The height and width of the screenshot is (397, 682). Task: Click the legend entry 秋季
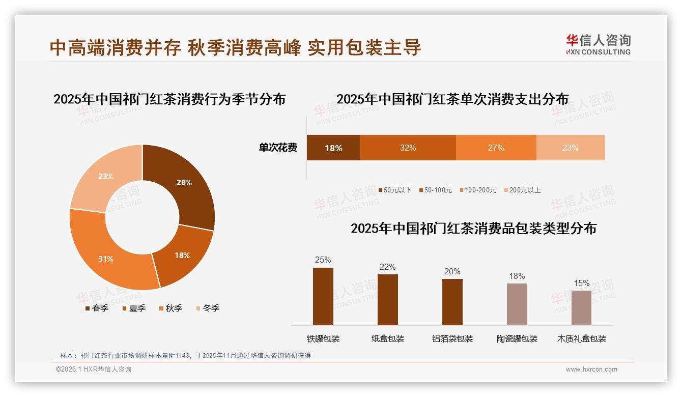click(x=170, y=308)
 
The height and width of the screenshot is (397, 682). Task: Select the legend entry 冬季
click(x=207, y=308)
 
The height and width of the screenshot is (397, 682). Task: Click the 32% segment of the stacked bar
click(x=408, y=148)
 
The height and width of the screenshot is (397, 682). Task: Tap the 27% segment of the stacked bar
click(x=496, y=148)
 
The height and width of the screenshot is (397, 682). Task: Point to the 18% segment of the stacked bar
click(x=333, y=148)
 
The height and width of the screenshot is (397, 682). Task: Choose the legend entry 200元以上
click(x=522, y=190)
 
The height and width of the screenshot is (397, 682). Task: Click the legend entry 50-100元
click(x=435, y=190)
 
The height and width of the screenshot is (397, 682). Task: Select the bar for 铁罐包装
click(x=323, y=296)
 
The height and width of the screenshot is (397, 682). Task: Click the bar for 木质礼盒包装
click(x=581, y=307)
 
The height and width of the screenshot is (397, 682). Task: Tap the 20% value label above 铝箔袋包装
click(x=452, y=272)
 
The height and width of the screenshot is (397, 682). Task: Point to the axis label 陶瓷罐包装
click(x=517, y=338)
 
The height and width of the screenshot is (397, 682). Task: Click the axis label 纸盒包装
click(x=387, y=338)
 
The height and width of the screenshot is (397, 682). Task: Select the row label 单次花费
click(x=278, y=148)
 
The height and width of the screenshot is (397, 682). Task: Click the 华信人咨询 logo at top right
click(x=598, y=44)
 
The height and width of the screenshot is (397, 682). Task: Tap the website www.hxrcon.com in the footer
click(x=591, y=370)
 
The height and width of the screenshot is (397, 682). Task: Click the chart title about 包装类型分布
click(x=473, y=228)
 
